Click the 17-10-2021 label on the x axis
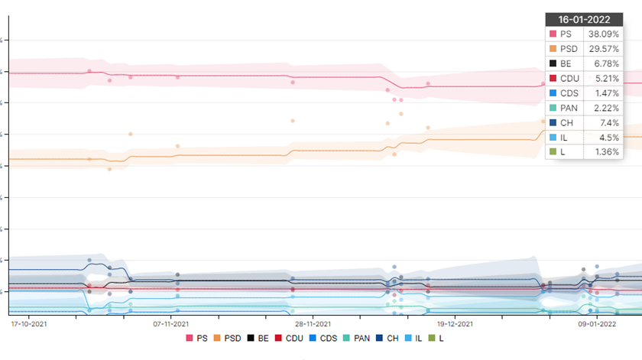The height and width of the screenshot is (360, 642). (29, 324)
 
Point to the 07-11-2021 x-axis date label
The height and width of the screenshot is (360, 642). (171, 324)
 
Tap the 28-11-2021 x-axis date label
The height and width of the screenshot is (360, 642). (313, 324)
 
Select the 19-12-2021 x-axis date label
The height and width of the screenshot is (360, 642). (455, 324)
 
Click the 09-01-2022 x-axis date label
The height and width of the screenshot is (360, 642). (597, 324)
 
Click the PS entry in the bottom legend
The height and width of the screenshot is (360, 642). (196, 338)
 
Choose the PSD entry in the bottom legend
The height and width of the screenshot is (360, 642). (227, 338)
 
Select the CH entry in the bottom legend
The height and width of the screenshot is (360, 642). (387, 338)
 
